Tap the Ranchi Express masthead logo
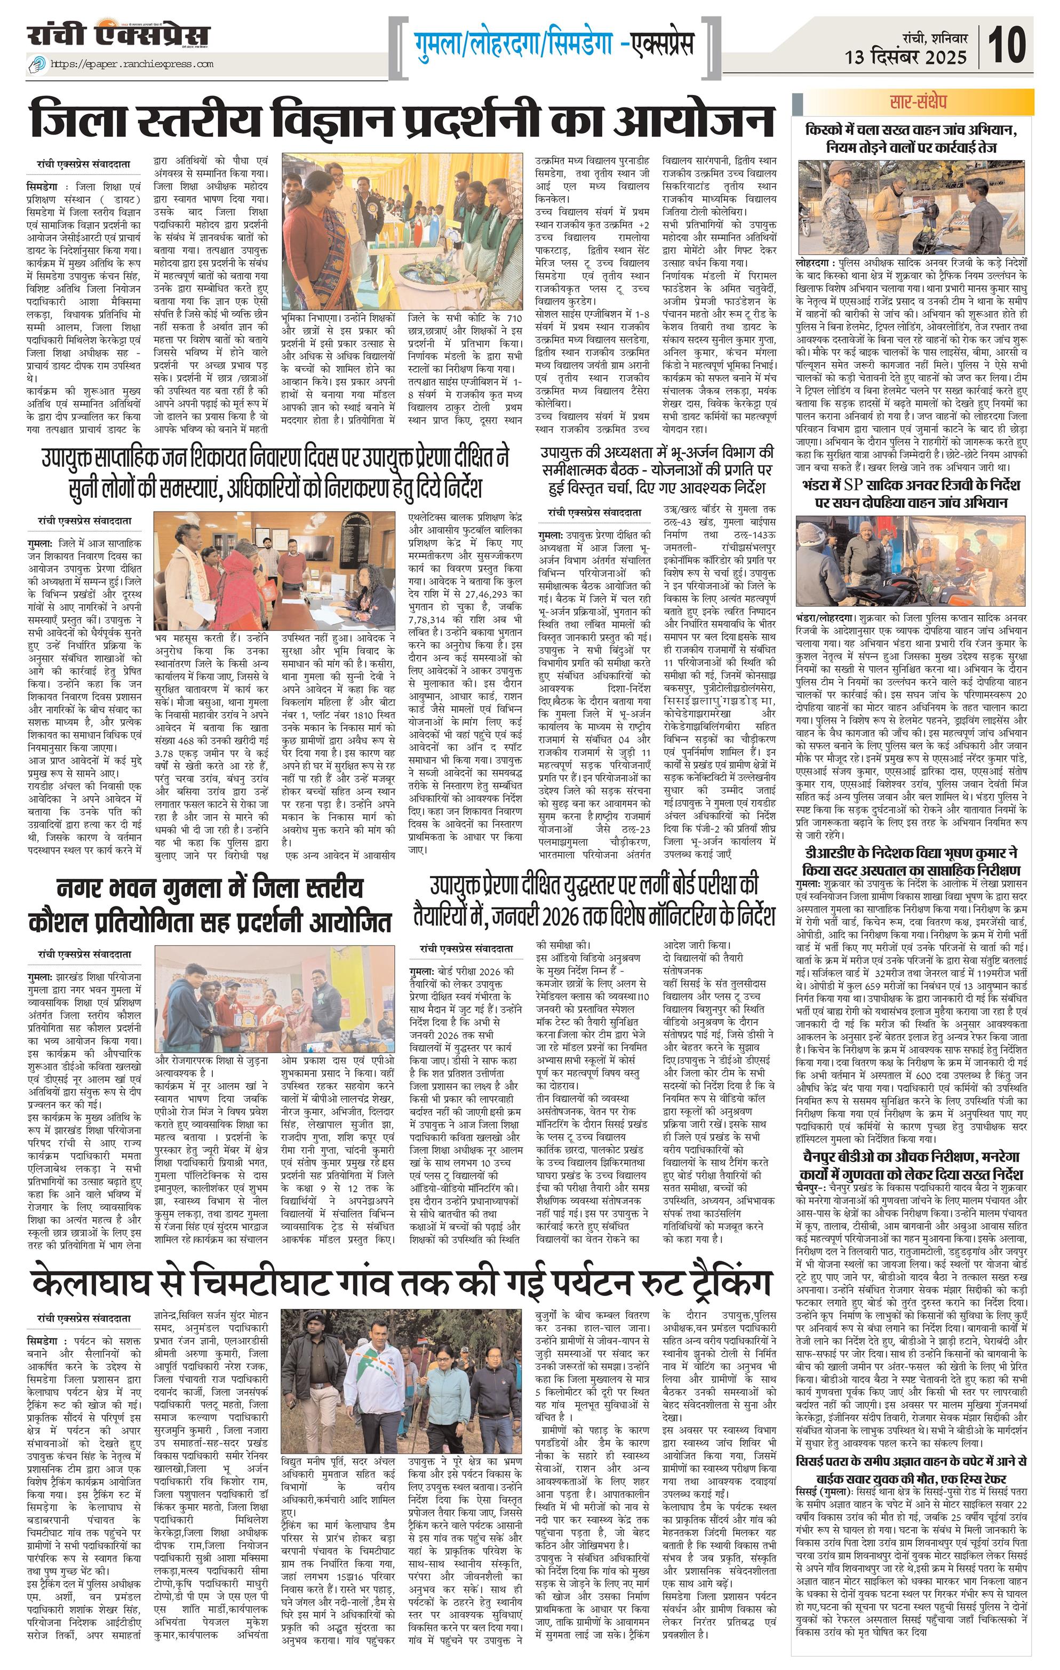118,36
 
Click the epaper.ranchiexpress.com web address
132,65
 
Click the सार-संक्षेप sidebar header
918,102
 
